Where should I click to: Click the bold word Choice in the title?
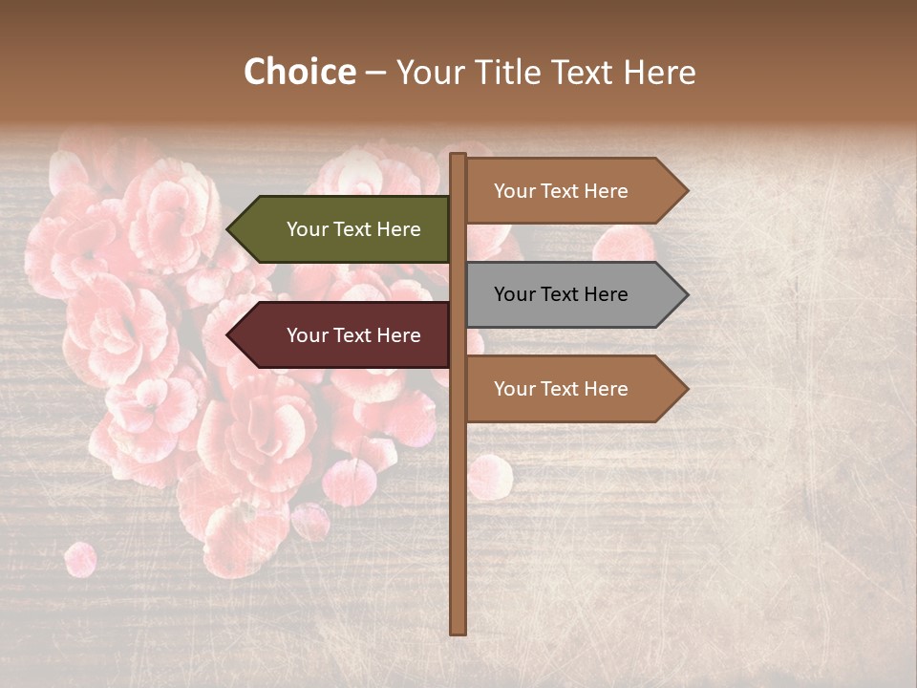(299, 73)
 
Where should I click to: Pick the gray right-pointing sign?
(568, 294)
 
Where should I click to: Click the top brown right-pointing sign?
(568, 191)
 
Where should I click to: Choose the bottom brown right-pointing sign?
(568, 389)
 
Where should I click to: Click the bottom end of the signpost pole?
(458, 630)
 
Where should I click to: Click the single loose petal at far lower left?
(80, 559)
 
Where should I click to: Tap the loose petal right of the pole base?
(490, 477)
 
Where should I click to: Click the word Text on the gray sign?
(561, 294)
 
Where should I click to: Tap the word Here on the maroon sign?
(399, 335)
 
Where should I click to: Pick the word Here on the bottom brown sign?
(607, 389)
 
